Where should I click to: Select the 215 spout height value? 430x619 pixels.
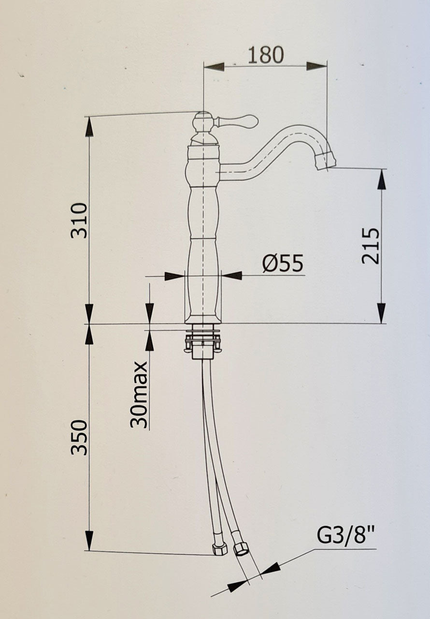(372, 245)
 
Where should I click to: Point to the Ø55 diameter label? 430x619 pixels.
(283, 264)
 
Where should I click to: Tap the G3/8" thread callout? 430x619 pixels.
(346, 536)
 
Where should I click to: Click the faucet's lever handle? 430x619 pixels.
(239, 120)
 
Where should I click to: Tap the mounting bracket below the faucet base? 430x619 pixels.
(202, 341)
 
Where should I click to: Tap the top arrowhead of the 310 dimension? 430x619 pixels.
(89, 127)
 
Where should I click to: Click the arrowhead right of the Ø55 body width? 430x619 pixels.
(232, 276)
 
